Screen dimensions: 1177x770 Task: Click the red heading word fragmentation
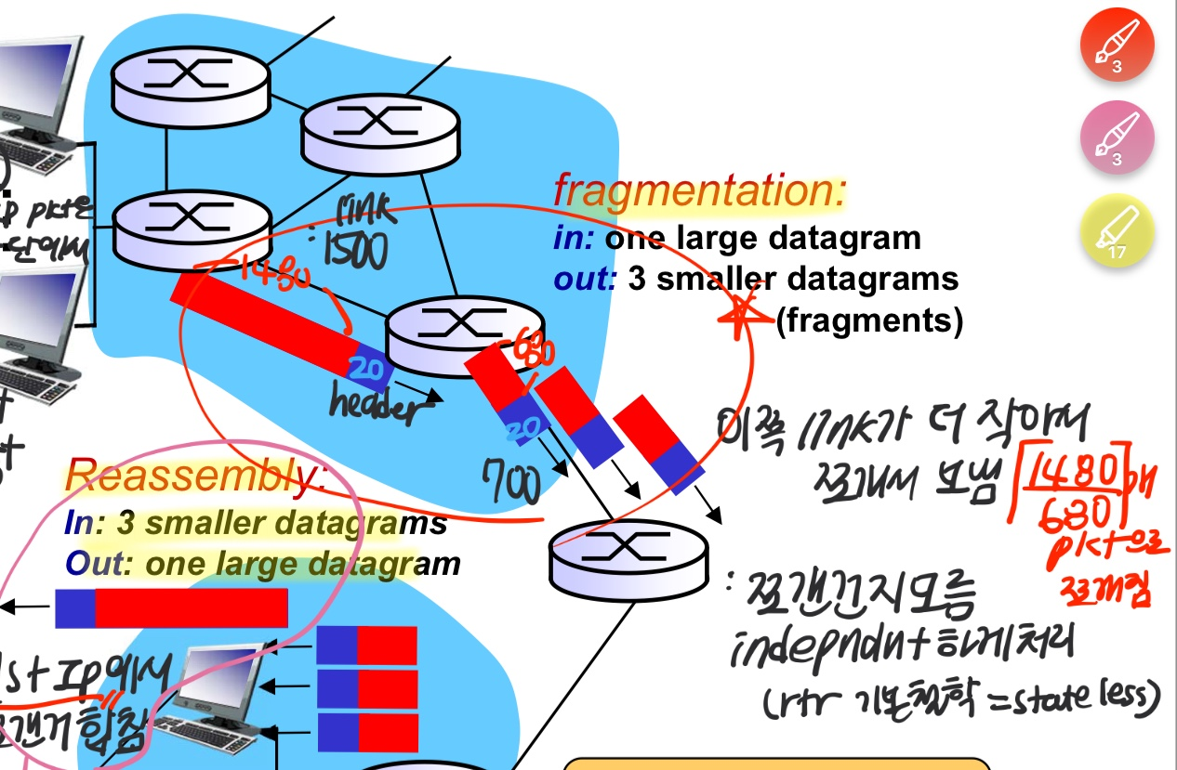pyautogui.click(x=699, y=191)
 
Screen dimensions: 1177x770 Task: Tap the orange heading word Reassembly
pyautogui.click(x=195, y=477)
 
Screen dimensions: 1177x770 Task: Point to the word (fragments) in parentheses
pyautogui.click(x=869, y=321)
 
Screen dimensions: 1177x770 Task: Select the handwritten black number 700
pyautogui.click(x=511, y=481)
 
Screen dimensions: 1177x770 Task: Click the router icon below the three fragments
pyautogui.click(x=628, y=556)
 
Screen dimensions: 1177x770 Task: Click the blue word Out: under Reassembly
pyautogui.click(x=89, y=564)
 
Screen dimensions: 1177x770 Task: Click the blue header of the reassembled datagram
pyautogui.click(x=74, y=608)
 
